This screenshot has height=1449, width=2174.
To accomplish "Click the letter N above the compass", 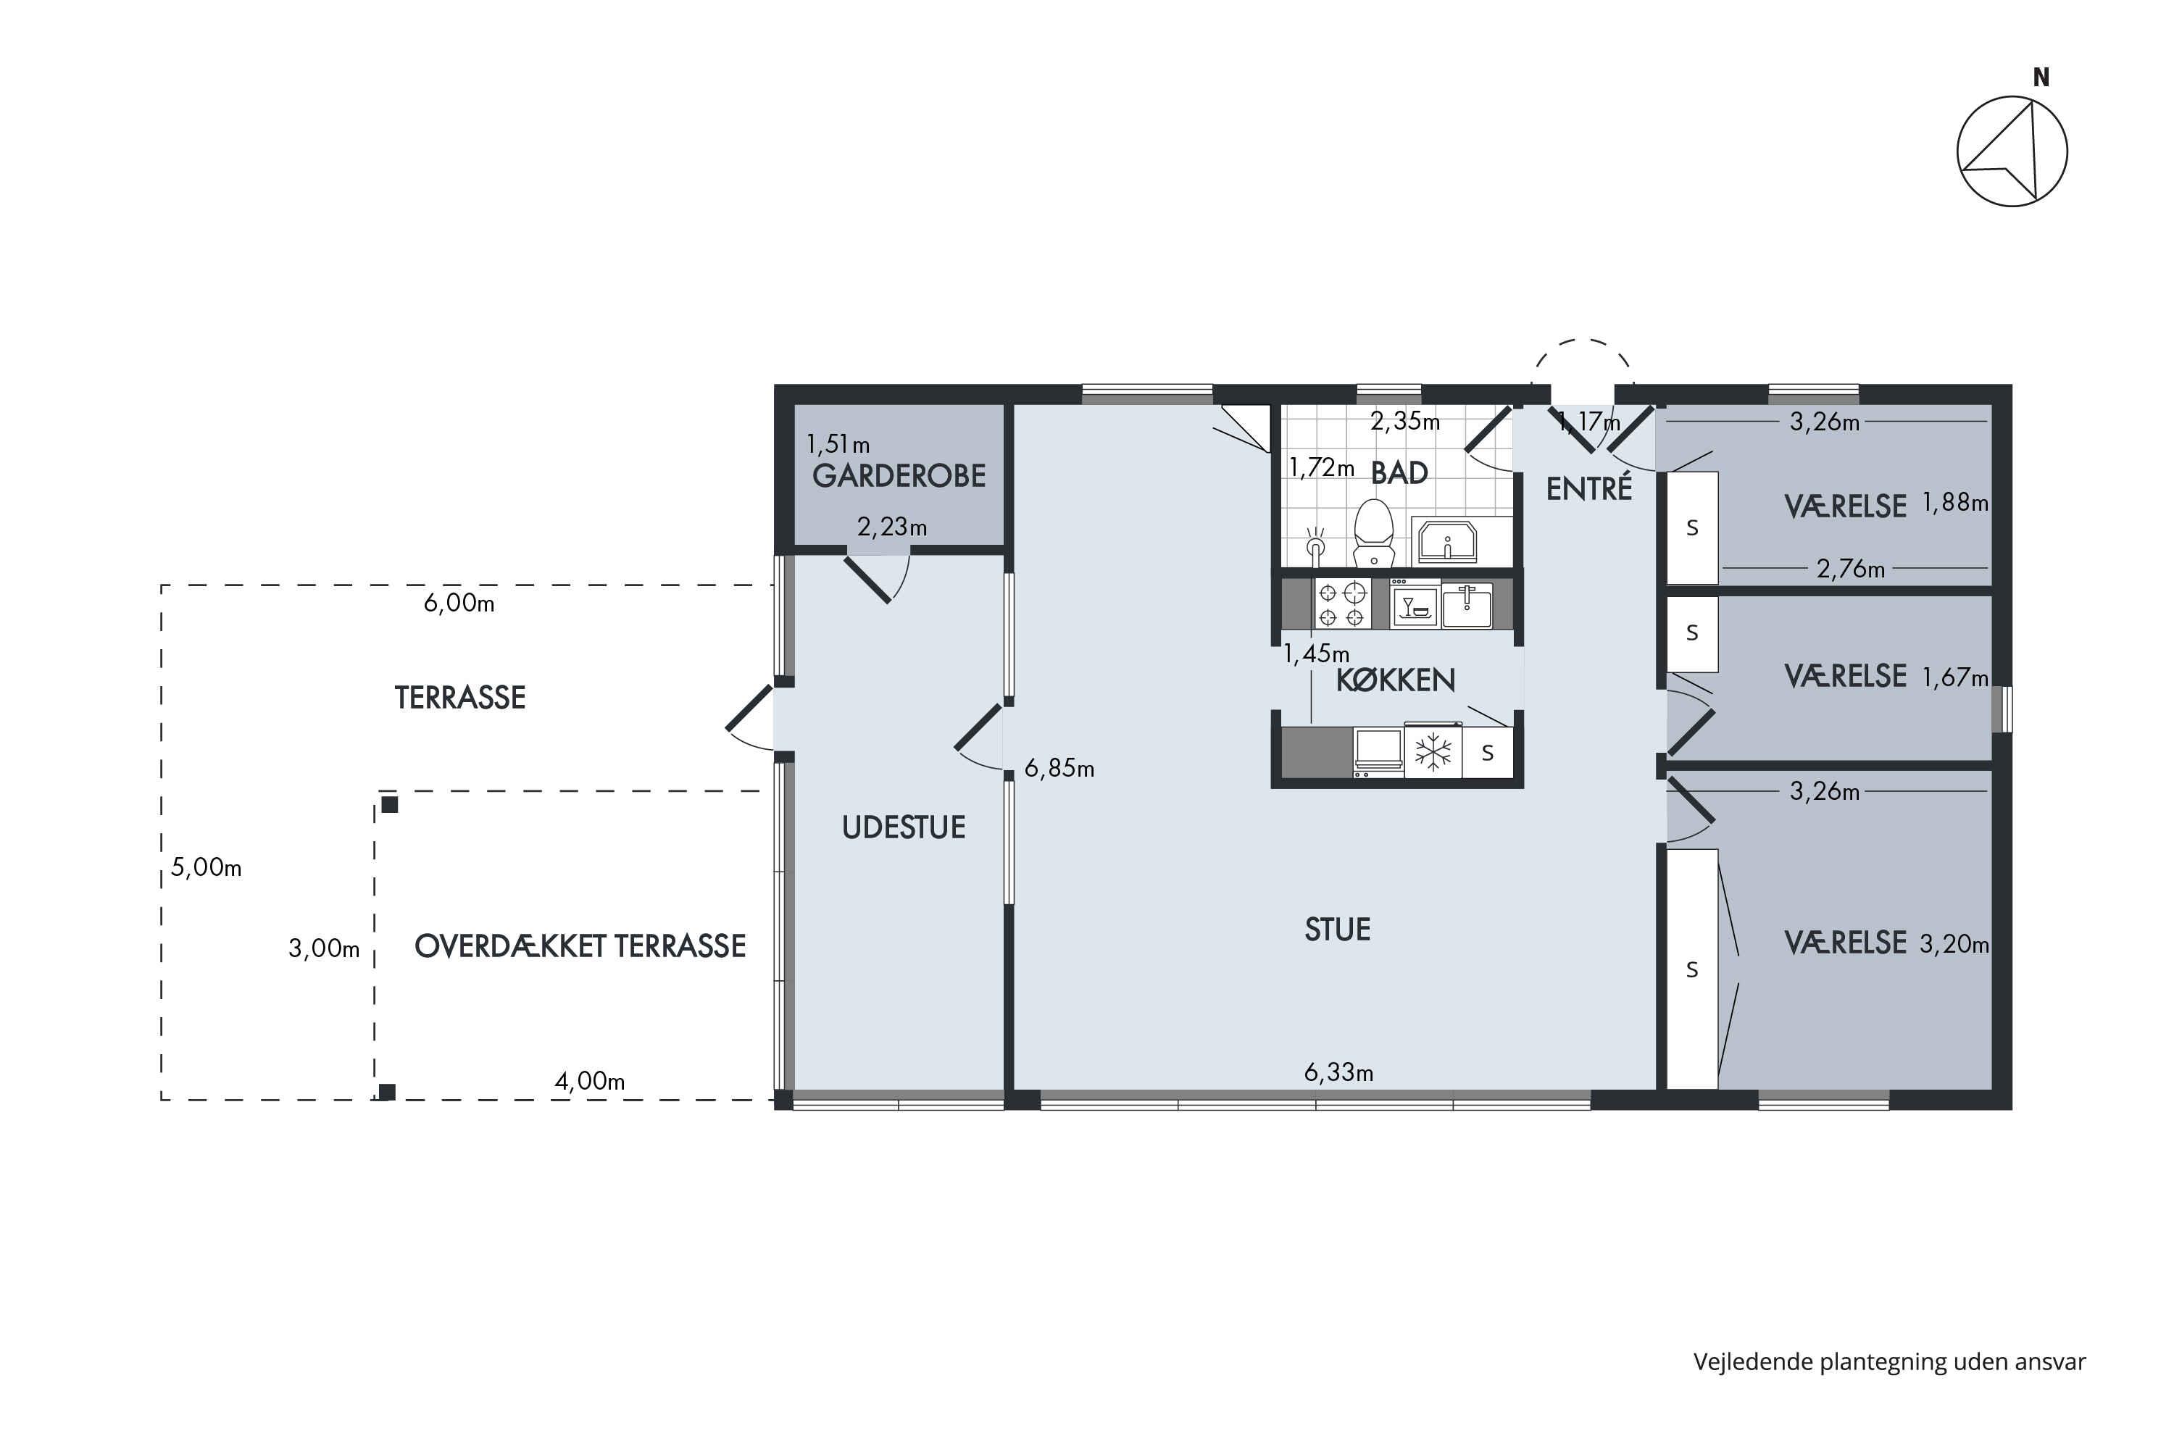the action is click(2041, 78).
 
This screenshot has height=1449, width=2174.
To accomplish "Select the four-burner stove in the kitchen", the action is click(1342, 604).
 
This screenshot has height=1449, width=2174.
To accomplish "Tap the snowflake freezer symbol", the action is click(1433, 751).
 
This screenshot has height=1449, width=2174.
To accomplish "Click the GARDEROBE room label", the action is click(899, 476).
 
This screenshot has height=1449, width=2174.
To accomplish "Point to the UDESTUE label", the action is click(903, 827).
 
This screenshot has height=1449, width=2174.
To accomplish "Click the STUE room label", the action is click(1338, 929).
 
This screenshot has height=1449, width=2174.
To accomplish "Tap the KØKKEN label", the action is click(1396, 680).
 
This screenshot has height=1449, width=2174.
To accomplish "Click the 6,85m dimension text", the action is click(1059, 768).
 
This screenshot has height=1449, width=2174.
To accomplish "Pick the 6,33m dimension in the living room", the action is click(1338, 1072).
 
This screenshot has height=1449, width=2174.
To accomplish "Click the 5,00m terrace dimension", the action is click(206, 867).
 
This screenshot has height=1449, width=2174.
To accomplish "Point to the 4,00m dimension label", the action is click(590, 1080).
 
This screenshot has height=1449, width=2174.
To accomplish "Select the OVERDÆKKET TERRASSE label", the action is click(580, 945).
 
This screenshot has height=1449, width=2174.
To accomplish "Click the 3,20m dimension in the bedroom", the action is click(1954, 943).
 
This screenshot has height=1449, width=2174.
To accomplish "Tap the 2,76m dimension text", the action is click(1851, 568).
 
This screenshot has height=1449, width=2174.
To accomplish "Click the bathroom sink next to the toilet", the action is click(1447, 540).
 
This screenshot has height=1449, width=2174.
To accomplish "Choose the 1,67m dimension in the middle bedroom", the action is click(1955, 677).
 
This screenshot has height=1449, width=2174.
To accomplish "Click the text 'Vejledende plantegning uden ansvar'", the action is click(1889, 1361).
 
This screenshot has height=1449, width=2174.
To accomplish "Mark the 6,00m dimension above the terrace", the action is click(459, 603).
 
